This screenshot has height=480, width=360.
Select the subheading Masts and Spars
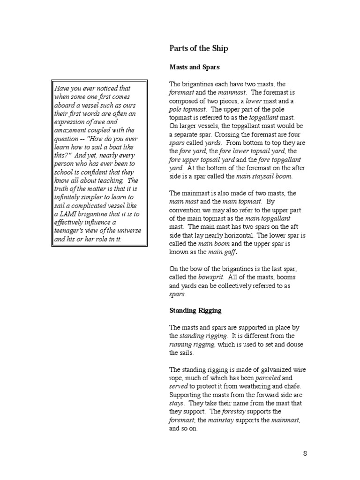point(194,67)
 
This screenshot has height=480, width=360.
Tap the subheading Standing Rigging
point(195,310)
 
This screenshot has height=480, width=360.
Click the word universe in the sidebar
point(127,231)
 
